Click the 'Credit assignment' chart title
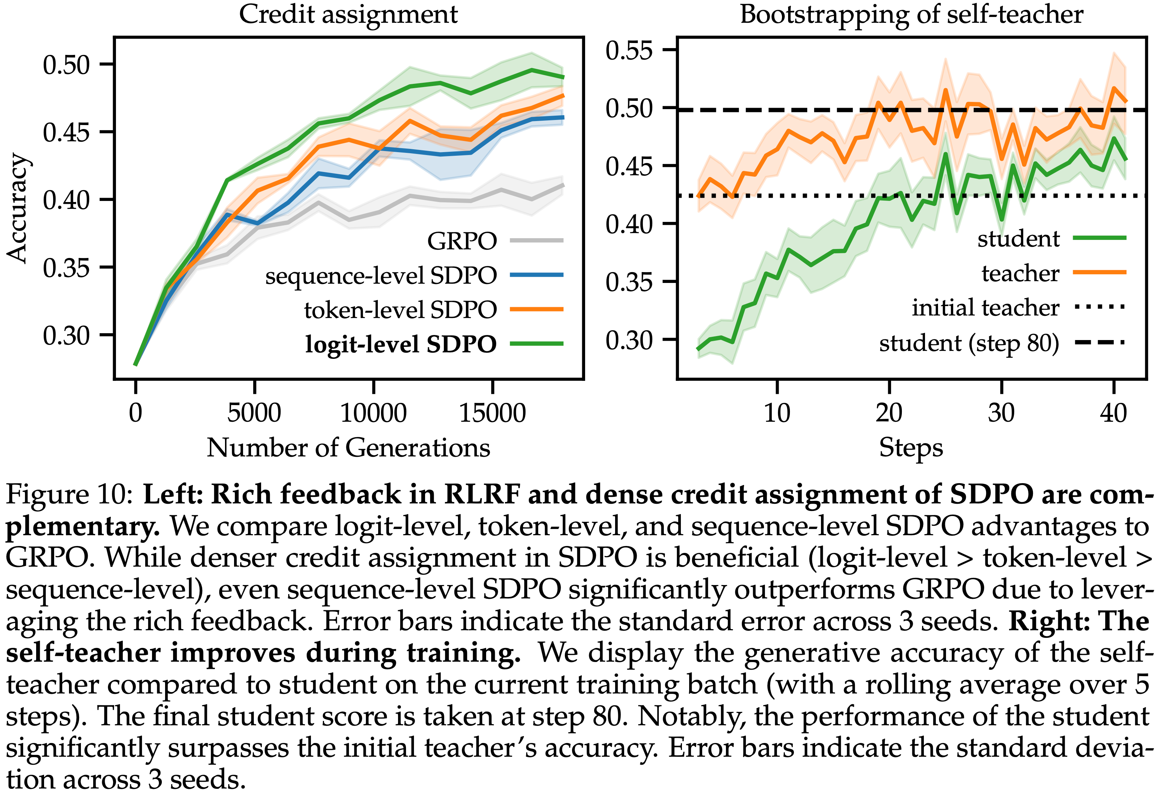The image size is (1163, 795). tap(348, 14)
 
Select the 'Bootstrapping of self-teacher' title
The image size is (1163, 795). tap(911, 14)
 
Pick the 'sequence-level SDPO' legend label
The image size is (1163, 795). tap(381, 276)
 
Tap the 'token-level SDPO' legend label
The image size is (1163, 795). tap(400, 310)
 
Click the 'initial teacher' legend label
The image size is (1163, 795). tap(985, 308)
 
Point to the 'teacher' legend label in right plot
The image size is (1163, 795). tap(1020, 273)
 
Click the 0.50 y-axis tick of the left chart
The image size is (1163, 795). tap(66, 65)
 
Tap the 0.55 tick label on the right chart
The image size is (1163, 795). tap(629, 51)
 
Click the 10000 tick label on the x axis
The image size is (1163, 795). tap(373, 413)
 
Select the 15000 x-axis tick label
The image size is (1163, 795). tap(492, 413)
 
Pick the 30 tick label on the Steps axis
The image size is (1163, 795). tap(1001, 413)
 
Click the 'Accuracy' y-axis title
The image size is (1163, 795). tap(18, 208)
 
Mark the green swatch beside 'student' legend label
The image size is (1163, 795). tap(1099, 238)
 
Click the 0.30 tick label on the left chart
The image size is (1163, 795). tap(66, 335)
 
